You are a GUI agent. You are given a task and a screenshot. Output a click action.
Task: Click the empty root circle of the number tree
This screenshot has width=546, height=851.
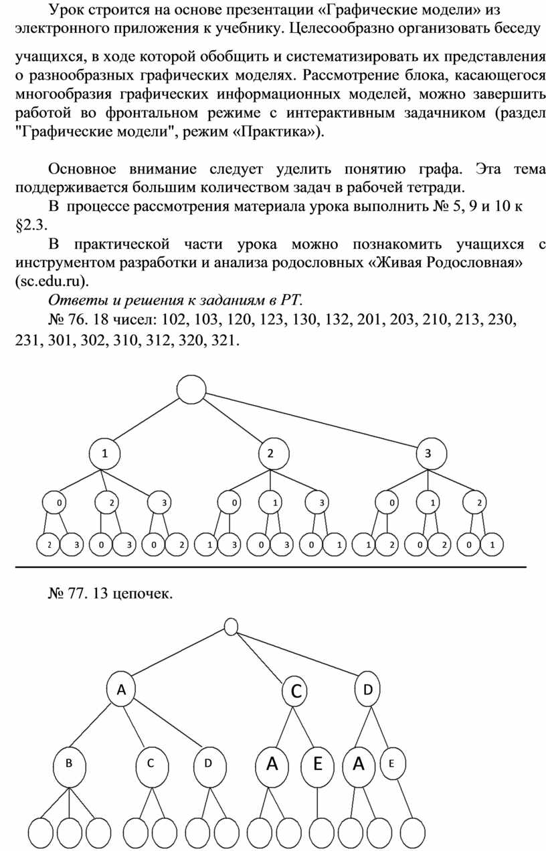click(x=191, y=389)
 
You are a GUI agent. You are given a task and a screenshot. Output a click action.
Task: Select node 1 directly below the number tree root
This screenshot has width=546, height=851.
click(x=104, y=453)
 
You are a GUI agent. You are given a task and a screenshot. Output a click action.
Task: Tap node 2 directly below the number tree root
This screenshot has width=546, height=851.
click(x=270, y=453)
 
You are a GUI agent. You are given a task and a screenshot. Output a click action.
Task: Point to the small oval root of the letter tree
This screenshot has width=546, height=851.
click(x=231, y=627)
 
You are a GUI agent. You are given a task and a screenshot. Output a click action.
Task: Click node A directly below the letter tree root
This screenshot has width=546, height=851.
click(x=121, y=690)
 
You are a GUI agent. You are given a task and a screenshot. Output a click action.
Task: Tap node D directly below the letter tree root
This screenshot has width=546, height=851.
click(x=367, y=690)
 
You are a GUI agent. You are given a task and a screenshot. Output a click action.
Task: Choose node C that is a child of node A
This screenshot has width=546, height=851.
click(x=151, y=763)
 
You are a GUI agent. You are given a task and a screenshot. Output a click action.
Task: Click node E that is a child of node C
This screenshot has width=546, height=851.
click(x=317, y=763)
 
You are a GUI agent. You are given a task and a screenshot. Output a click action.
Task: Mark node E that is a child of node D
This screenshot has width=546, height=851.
click(x=393, y=763)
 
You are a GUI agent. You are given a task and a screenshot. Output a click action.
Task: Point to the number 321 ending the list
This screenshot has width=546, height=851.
click(x=223, y=341)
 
